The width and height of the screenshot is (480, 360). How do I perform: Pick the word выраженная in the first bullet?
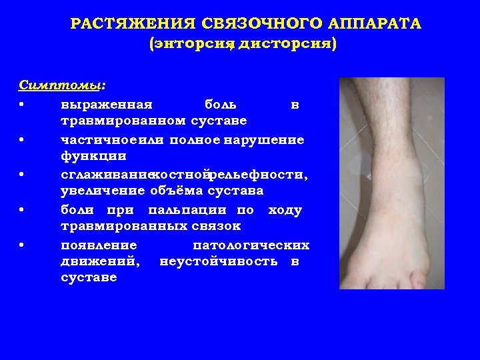pyautogui.click(x=107, y=104)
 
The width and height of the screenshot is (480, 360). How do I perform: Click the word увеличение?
pyautogui.click(x=102, y=191)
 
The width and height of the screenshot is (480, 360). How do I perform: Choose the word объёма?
pyautogui.click(x=175, y=191)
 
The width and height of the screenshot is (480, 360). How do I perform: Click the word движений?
pyautogui.click(x=100, y=261)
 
